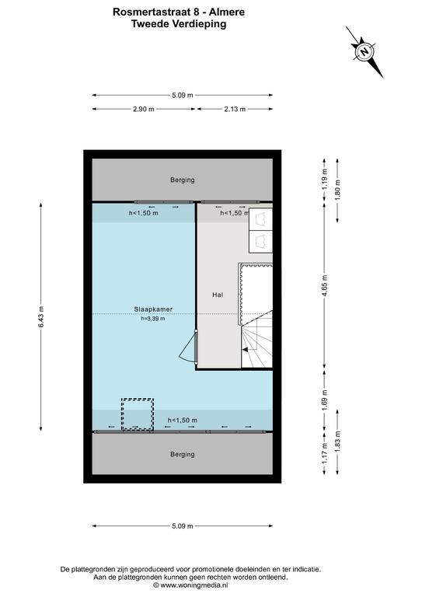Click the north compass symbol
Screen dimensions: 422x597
(365, 52)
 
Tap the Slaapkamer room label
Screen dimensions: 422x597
(153, 309)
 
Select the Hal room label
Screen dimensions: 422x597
(218, 295)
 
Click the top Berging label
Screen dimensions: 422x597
(183, 180)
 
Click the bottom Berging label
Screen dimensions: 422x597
(183, 454)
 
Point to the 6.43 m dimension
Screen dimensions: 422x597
(40, 317)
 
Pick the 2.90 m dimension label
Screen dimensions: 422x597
(144, 110)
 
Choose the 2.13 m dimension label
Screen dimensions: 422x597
(235, 110)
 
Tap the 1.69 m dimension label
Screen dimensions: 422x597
(325, 400)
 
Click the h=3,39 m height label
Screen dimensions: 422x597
(153, 319)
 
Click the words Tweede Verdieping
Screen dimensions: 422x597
(179, 24)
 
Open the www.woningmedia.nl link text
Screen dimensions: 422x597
(194, 585)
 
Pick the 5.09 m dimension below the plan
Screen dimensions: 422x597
(183, 526)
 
